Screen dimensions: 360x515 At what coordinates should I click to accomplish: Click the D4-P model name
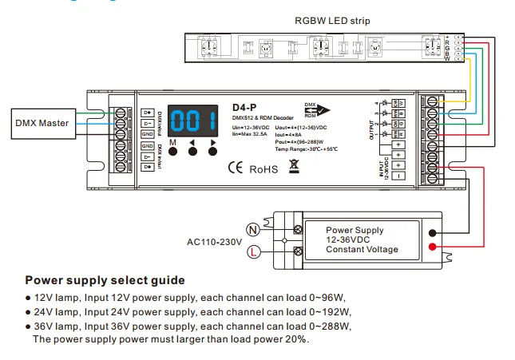(243, 107)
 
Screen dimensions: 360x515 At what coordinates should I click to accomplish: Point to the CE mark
(237, 168)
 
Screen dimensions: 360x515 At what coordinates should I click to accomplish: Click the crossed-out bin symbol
(294, 167)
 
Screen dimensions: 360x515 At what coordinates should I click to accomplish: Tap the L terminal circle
(252, 252)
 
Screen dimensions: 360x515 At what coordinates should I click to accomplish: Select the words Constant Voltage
(362, 249)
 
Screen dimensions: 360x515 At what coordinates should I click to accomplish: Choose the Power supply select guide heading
(105, 280)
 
